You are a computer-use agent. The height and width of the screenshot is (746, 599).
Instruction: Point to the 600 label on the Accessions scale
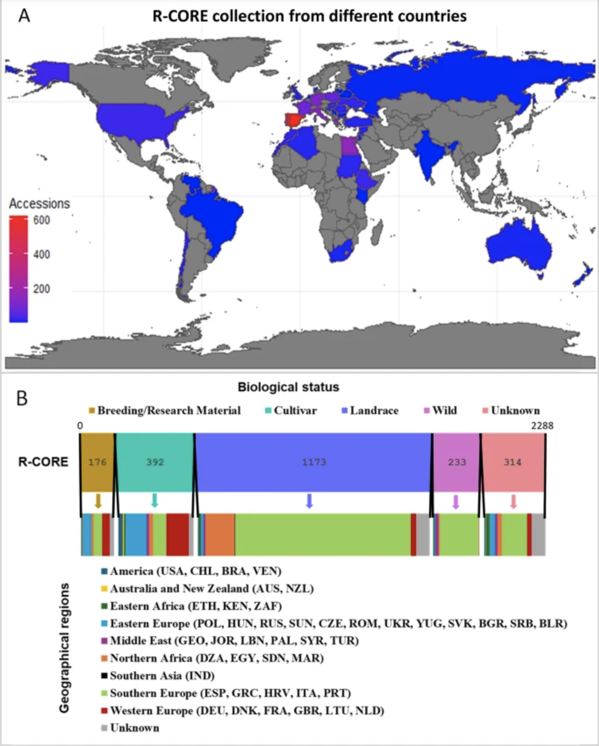pyautogui.click(x=42, y=220)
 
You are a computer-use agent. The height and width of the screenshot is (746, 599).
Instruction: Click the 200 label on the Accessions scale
pyautogui.click(x=42, y=289)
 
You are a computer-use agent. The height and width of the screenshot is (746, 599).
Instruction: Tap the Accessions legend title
pyautogui.click(x=39, y=204)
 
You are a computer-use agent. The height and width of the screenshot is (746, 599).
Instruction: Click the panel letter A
pyautogui.click(x=24, y=16)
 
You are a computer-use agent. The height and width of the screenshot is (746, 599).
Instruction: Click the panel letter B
pyautogui.click(x=22, y=398)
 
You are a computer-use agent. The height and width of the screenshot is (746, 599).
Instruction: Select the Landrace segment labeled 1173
pyautogui.click(x=314, y=462)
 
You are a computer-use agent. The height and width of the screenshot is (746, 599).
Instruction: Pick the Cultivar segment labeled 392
pyautogui.click(x=155, y=462)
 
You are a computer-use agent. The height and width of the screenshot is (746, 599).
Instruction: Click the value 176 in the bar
pyautogui.click(x=97, y=462)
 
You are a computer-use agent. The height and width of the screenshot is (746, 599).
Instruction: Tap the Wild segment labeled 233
pyautogui.click(x=457, y=462)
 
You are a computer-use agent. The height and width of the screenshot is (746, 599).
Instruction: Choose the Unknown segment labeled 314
pyautogui.click(x=513, y=462)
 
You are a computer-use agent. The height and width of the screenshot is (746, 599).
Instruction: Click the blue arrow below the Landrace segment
pyautogui.click(x=309, y=501)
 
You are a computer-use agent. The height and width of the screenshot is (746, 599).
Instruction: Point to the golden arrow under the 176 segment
pyautogui.click(x=98, y=501)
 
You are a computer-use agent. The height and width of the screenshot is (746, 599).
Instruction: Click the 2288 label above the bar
pyautogui.click(x=542, y=425)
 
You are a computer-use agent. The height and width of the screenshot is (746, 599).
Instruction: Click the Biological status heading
pyautogui.click(x=288, y=387)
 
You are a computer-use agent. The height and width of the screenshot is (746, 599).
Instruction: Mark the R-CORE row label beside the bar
pyautogui.click(x=43, y=462)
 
